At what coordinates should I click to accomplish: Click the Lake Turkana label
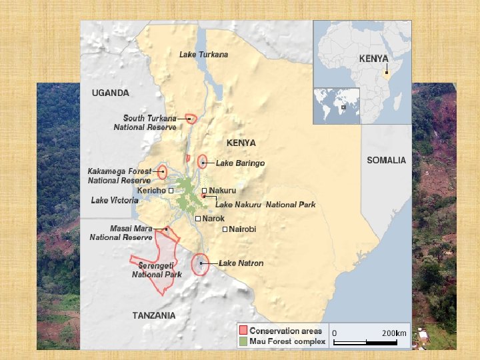(x=203, y=55)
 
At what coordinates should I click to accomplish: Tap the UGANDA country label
(x=111, y=93)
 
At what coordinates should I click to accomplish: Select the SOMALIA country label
(x=386, y=160)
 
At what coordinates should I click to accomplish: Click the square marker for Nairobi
(x=225, y=229)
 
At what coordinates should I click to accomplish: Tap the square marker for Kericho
(x=171, y=191)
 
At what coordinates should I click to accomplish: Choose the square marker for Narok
(x=198, y=219)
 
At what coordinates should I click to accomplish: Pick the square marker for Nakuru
(x=205, y=191)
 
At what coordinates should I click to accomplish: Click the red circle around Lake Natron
(x=200, y=265)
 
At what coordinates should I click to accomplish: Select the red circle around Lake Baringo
(x=203, y=163)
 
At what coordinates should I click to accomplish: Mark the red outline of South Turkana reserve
(x=191, y=119)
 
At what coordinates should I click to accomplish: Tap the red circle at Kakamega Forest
(x=162, y=172)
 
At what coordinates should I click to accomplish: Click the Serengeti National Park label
(x=157, y=270)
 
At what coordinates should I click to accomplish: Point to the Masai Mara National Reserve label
(x=121, y=233)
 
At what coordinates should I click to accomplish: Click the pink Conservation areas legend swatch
(x=243, y=331)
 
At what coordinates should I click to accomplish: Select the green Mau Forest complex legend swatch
(x=243, y=341)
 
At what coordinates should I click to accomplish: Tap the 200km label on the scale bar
(x=394, y=333)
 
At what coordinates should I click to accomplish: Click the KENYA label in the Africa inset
(x=373, y=59)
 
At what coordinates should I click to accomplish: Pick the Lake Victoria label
(x=115, y=200)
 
